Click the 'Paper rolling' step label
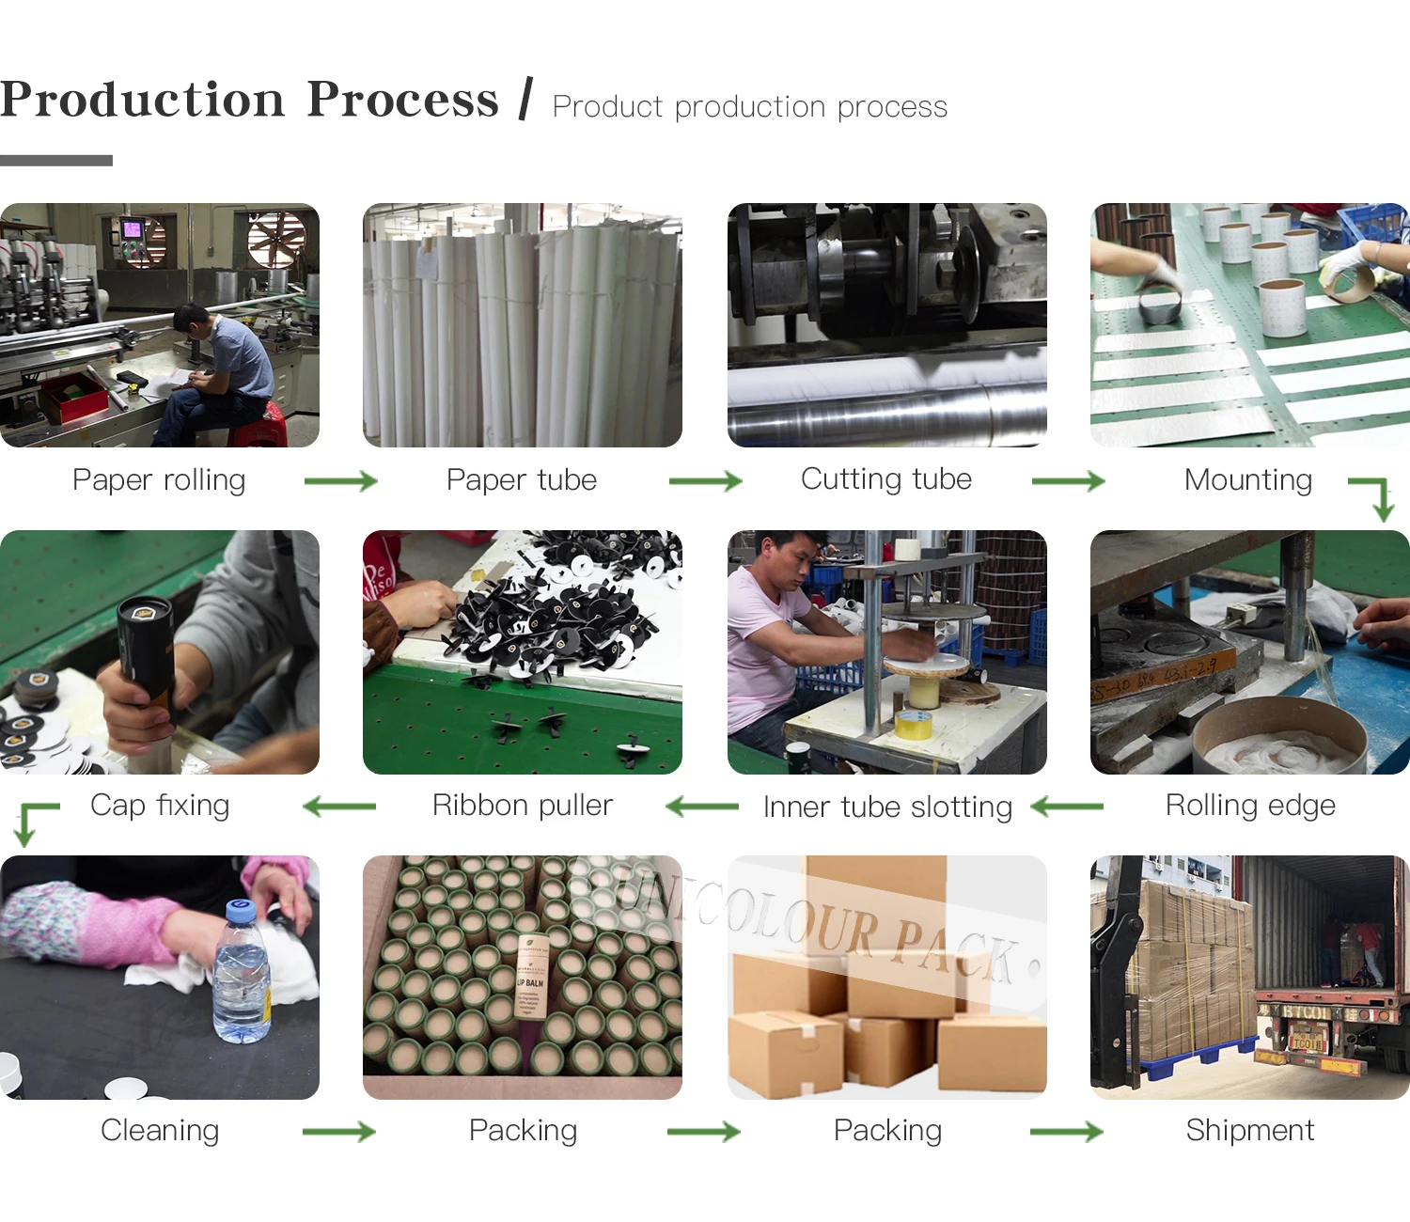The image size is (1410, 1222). click(x=159, y=480)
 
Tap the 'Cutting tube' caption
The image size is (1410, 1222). click(x=885, y=479)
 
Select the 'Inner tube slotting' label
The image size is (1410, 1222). click(x=887, y=807)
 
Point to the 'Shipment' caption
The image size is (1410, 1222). click(x=1249, y=1130)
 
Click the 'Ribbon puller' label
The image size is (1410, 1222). click(x=522, y=806)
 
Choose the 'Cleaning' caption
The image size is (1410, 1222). click(x=160, y=1130)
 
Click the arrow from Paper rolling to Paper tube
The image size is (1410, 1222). click(x=340, y=481)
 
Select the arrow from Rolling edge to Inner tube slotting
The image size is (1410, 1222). click(x=1068, y=807)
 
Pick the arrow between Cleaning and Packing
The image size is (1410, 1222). click(x=338, y=1132)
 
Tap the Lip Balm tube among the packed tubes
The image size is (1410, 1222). click(x=531, y=978)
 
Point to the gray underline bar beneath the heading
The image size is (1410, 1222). click(x=56, y=161)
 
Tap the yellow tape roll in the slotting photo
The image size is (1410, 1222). click(x=913, y=725)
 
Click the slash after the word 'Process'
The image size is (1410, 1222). click(x=525, y=100)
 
